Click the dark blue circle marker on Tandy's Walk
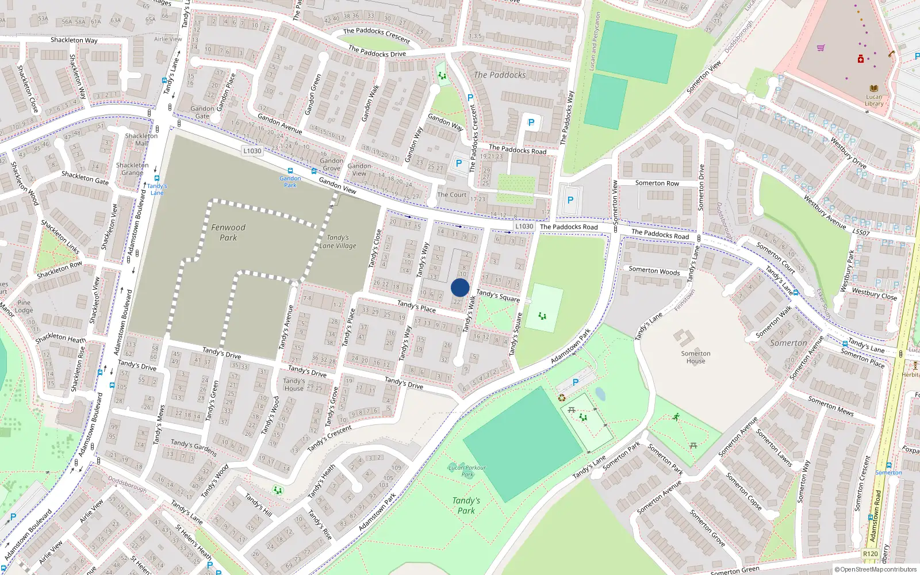coord(460,287)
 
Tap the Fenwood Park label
coord(228,232)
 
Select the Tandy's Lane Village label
coord(338,241)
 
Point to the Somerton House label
coord(696,357)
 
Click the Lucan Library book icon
coord(874,88)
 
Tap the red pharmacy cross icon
coord(861,59)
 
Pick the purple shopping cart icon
coord(821,48)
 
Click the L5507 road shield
coord(861,232)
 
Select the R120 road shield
coord(870,554)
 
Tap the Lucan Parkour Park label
coord(467,471)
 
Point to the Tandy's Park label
coord(466,505)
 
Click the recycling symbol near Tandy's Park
coord(562,397)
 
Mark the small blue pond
coord(600,394)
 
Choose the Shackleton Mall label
coord(141,140)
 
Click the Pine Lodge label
coord(24,306)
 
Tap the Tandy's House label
coord(294,384)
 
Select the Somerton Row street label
coord(657,183)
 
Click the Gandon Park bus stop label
coord(290,182)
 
